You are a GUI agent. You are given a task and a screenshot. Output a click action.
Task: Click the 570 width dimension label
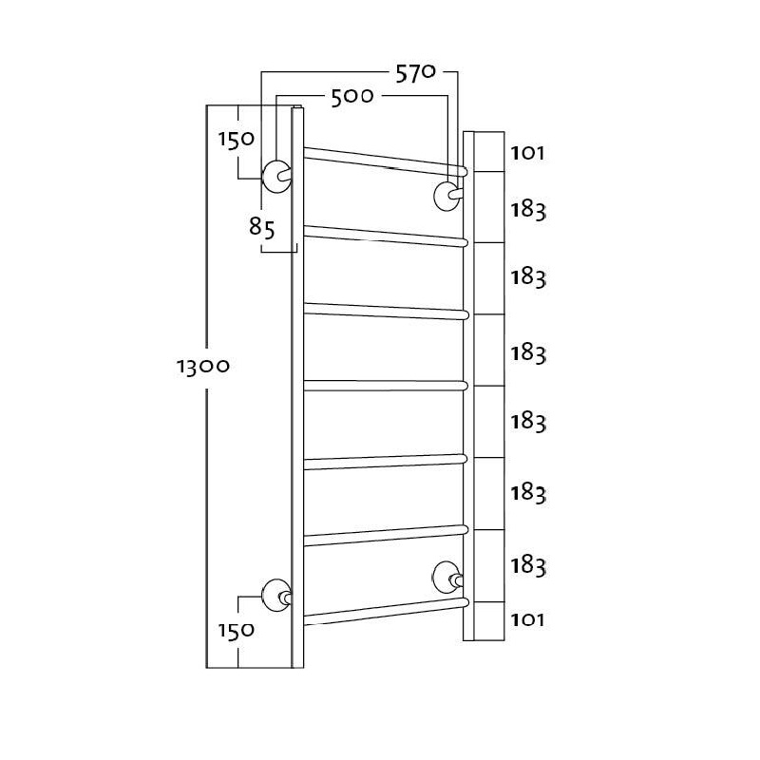click(416, 74)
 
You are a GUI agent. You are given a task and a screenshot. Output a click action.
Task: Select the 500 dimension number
click(352, 98)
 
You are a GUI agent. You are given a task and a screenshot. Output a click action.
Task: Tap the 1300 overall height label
click(202, 367)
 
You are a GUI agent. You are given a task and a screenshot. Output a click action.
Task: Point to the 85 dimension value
click(262, 227)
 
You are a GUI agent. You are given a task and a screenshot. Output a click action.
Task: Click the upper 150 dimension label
click(236, 140)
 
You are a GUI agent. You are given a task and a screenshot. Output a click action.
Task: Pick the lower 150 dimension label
click(236, 631)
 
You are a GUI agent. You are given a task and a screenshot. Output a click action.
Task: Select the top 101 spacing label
click(527, 154)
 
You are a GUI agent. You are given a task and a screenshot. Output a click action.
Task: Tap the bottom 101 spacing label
click(527, 620)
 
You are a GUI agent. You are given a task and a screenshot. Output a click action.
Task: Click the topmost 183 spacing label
click(528, 210)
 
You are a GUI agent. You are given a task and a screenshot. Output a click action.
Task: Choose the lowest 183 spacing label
click(528, 566)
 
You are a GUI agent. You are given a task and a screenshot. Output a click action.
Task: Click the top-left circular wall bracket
click(276, 177)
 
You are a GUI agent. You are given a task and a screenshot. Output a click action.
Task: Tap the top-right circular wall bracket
click(446, 197)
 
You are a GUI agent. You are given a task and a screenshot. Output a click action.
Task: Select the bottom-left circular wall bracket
click(276, 596)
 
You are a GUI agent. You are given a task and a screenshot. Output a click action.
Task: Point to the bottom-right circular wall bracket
click(446, 578)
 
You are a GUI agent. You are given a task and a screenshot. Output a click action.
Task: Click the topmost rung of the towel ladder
click(386, 161)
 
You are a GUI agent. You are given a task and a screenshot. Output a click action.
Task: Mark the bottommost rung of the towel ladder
click(387, 612)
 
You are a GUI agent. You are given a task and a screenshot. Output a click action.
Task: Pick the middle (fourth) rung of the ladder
click(386, 386)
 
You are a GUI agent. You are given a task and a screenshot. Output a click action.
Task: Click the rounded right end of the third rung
click(465, 315)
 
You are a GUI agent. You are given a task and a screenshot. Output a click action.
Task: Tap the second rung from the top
click(386, 236)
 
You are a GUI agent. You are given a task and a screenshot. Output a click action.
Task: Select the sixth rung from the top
click(386, 536)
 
